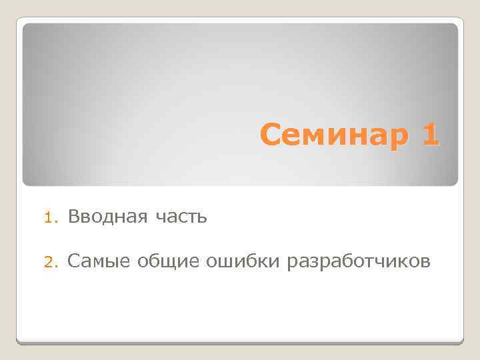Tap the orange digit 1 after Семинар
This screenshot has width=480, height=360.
(x=430, y=135)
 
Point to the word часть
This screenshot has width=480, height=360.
(x=182, y=217)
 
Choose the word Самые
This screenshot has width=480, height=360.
(x=99, y=261)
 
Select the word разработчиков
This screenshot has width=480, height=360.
(x=358, y=261)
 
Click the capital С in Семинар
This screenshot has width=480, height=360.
(x=269, y=135)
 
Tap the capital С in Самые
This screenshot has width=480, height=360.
(x=73, y=261)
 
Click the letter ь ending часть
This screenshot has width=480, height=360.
(x=203, y=217)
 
